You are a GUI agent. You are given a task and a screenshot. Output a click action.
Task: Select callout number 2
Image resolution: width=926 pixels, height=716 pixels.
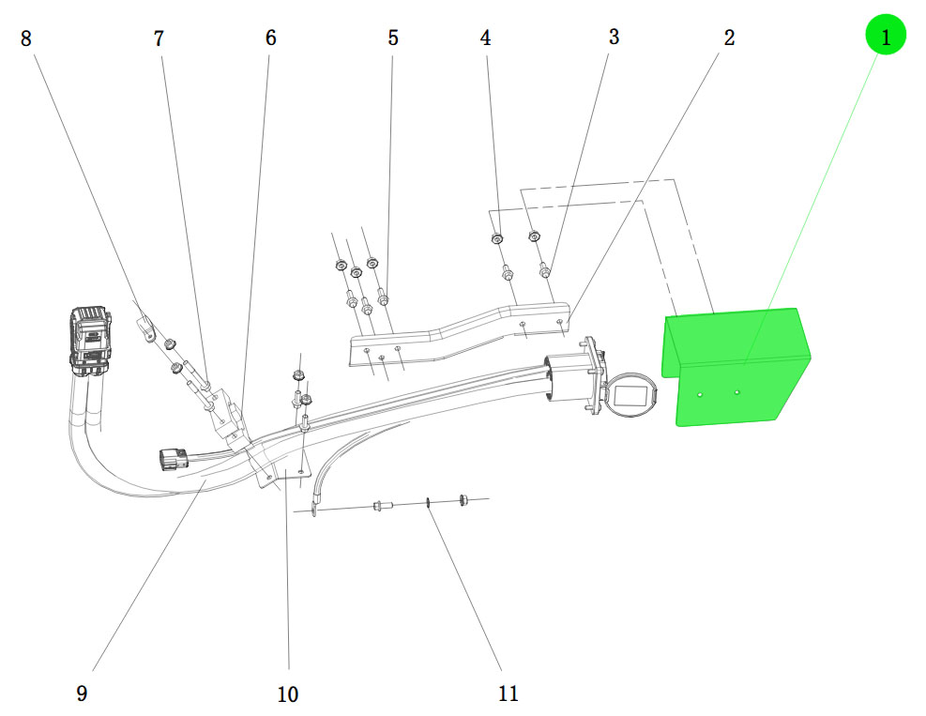729,38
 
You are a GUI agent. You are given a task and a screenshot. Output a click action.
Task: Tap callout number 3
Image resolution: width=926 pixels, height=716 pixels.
614,37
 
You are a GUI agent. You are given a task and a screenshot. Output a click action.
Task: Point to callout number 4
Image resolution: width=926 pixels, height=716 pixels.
485,38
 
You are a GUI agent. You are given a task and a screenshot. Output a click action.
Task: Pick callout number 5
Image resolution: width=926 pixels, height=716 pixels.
393,38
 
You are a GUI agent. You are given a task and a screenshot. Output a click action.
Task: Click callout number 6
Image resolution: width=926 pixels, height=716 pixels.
270,38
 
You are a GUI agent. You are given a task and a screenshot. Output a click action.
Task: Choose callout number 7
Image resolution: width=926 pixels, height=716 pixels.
159,38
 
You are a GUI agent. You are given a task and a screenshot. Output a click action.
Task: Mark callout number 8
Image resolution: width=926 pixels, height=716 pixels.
26,38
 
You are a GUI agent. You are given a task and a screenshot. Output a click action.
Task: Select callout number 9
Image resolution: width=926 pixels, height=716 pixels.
82,693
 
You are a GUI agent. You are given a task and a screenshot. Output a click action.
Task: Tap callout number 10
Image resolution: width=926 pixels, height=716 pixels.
288,694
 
